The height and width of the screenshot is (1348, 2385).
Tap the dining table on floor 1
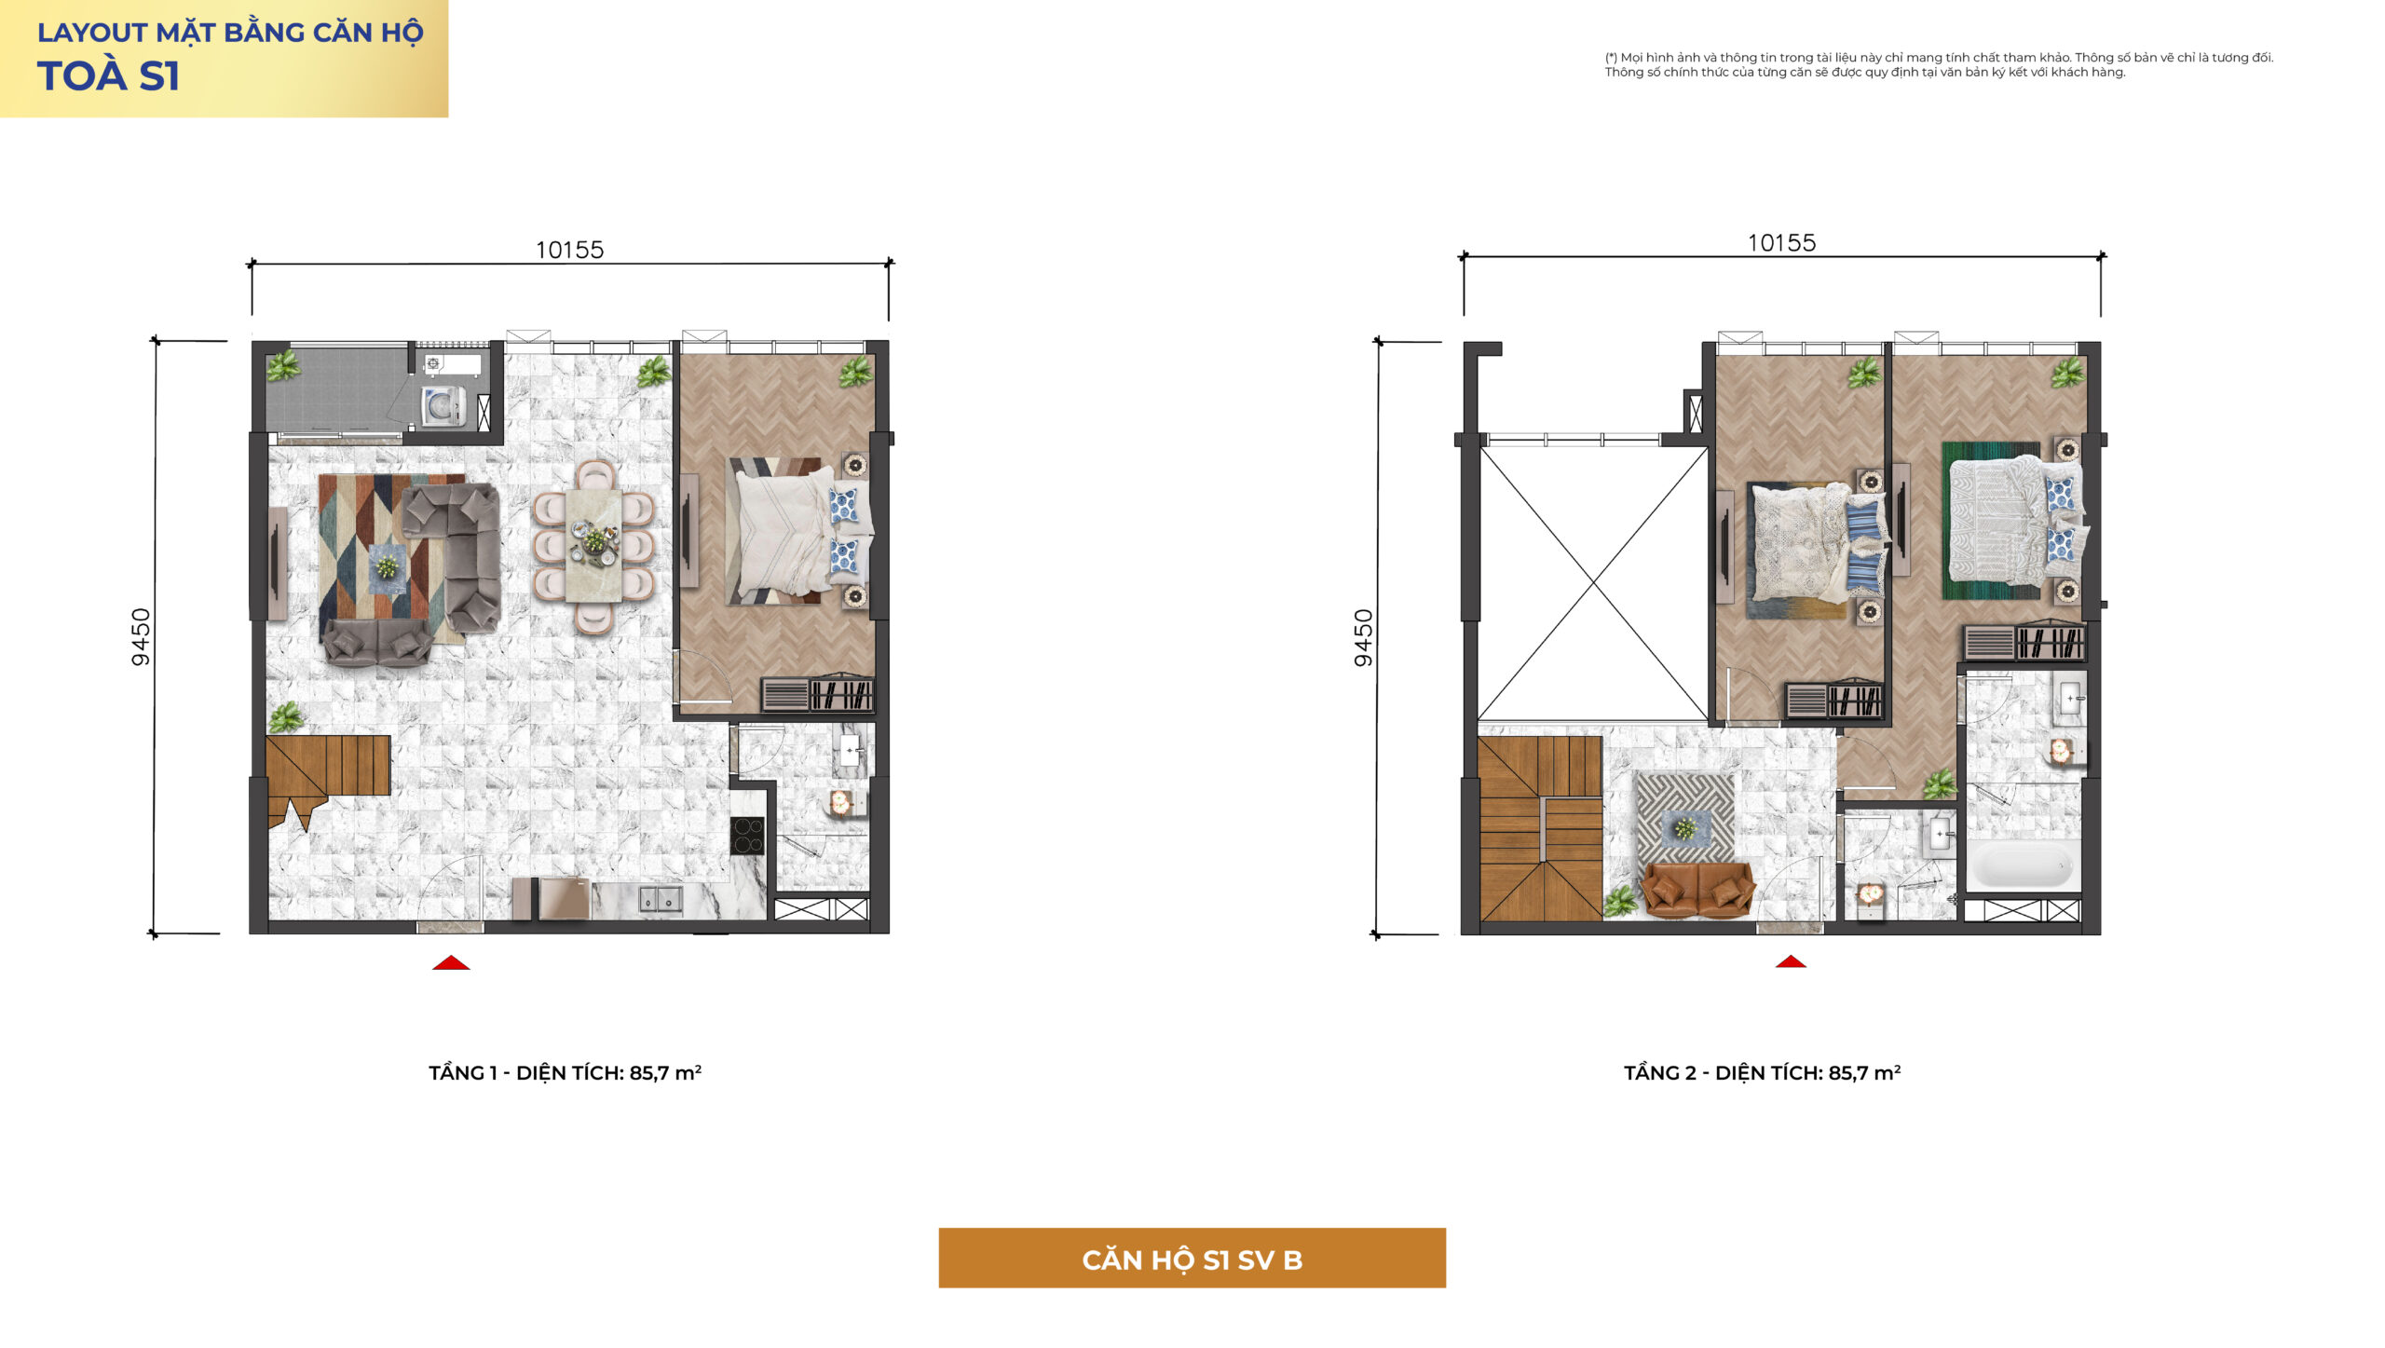point(593,543)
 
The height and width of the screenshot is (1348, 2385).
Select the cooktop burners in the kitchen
point(747,836)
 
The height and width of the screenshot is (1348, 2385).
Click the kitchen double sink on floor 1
point(661,899)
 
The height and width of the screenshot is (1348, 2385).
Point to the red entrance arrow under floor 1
point(451,962)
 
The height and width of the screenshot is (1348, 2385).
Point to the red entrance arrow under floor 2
point(1791,961)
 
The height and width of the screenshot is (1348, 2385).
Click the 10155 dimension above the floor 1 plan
point(569,250)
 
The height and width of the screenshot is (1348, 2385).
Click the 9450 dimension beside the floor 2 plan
point(1363,638)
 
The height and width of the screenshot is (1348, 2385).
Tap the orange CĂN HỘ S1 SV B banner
point(1192,1258)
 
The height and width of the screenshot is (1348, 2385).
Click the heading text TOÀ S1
point(108,76)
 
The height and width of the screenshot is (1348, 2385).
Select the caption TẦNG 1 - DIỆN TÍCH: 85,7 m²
point(565,1072)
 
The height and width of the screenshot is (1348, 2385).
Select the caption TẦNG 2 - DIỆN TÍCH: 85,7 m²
point(1762,1072)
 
